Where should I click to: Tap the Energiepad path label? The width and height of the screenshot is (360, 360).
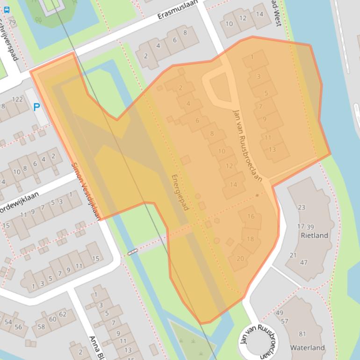click(x=180, y=192)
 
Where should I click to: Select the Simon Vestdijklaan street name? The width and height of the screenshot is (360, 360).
click(x=86, y=191)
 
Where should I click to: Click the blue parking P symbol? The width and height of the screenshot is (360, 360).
click(x=36, y=107)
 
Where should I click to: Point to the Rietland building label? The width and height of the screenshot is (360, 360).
click(x=314, y=235)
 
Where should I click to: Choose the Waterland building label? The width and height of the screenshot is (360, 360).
click(x=307, y=347)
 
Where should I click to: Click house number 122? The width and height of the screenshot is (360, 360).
click(x=17, y=99)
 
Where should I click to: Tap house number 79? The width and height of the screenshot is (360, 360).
click(x=12, y=22)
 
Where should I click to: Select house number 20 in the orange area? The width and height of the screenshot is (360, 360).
click(x=240, y=259)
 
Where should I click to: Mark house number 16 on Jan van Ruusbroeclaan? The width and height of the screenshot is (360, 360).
click(x=251, y=216)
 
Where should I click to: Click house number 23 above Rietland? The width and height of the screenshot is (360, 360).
click(x=301, y=207)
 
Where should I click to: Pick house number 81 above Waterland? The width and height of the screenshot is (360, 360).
click(x=302, y=334)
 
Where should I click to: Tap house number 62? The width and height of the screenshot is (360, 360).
click(x=63, y=314)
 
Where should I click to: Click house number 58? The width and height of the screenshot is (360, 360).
click(x=41, y=326)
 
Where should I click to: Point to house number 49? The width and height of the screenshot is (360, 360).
click(x=280, y=313)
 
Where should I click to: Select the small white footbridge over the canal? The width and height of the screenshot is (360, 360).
click(x=133, y=252)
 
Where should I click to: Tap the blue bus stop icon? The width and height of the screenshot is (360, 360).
click(x=6, y=8)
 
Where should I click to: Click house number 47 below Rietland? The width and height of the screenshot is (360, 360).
click(x=303, y=262)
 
